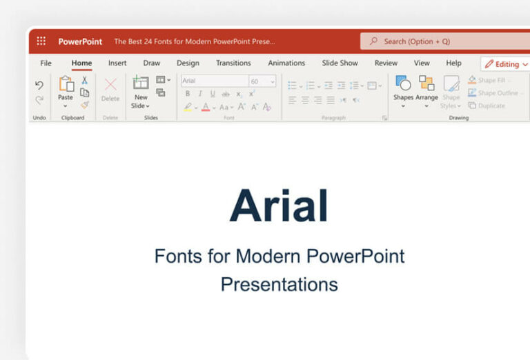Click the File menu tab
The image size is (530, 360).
click(x=46, y=63)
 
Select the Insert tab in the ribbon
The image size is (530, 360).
click(x=117, y=63)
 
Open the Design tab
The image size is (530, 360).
click(x=188, y=63)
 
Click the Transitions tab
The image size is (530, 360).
click(x=233, y=63)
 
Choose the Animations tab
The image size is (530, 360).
click(x=286, y=63)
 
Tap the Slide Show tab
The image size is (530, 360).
click(x=340, y=63)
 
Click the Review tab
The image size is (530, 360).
click(x=386, y=63)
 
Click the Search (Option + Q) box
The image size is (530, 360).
click(x=442, y=41)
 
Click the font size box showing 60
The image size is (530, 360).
click(x=262, y=81)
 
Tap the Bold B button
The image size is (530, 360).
click(x=188, y=94)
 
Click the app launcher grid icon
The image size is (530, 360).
click(x=41, y=41)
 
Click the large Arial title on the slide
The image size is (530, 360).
click(x=279, y=206)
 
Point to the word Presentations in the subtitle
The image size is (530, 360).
click(x=279, y=284)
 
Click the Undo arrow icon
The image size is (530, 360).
click(x=39, y=85)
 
